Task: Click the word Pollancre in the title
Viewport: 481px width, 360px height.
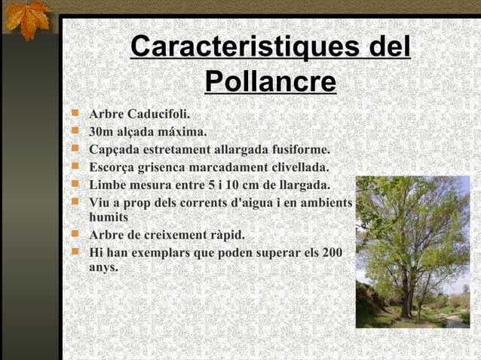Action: [x=270, y=81]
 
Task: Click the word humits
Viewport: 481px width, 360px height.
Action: [x=109, y=217]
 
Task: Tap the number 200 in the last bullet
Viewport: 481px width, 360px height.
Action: [x=332, y=252]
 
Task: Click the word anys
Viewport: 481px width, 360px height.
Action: [x=103, y=267]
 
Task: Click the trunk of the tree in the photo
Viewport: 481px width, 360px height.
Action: [x=406, y=290]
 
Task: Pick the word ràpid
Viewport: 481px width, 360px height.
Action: [x=227, y=234]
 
